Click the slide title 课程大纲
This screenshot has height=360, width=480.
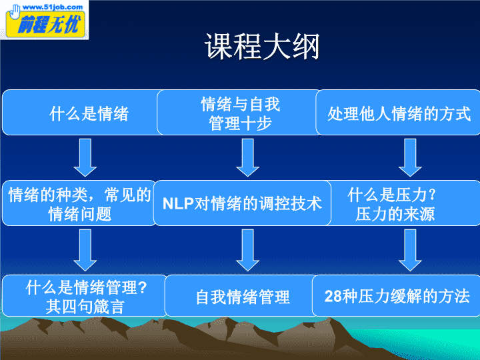pos(262,47)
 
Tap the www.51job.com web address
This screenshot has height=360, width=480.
pos(53,7)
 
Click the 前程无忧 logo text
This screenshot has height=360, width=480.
pos(49,24)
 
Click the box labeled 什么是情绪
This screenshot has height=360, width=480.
pos(82,113)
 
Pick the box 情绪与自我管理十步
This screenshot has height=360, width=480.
pos(239,113)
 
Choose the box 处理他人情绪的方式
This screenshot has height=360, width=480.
pos(398,113)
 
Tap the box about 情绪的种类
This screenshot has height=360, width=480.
pos(79,203)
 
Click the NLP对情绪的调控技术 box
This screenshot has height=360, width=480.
pos(242,203)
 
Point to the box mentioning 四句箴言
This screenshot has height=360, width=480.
pos(84,296)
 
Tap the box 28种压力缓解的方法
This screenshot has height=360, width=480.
pos(396,296)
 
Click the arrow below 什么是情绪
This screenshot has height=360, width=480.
pos(85,157)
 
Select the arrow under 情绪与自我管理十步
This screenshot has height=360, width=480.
pos(247,157)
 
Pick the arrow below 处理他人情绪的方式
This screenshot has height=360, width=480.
pos(410,157)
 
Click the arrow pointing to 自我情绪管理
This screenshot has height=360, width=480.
pos(247,250)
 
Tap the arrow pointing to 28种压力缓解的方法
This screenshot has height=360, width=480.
pos(410,250)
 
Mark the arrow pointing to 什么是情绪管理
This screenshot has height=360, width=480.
pos(85,250)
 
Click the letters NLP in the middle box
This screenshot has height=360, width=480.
pos(178,203)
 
